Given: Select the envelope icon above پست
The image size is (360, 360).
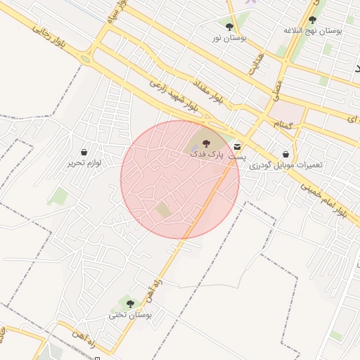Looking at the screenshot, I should pos(237,146).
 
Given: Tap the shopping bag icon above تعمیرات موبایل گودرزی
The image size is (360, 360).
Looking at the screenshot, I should pos(285,153).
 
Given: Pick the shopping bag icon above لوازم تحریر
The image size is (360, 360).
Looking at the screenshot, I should pos(84,151).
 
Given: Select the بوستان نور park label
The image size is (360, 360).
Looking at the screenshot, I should pos(229,37).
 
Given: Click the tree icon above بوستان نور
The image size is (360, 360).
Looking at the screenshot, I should pos(229,26).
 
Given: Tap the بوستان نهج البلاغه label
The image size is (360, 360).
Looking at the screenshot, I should pos(313,31).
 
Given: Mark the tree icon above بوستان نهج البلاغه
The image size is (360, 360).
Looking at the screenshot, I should pos(312,20).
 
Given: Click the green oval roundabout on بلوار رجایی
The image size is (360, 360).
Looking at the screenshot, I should pos(86,59).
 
